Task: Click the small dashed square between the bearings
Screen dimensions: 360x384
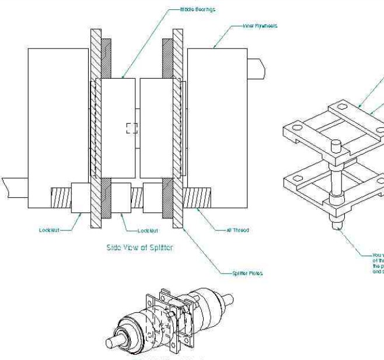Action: [132, 128]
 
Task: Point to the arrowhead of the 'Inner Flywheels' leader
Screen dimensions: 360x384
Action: [215, 47]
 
